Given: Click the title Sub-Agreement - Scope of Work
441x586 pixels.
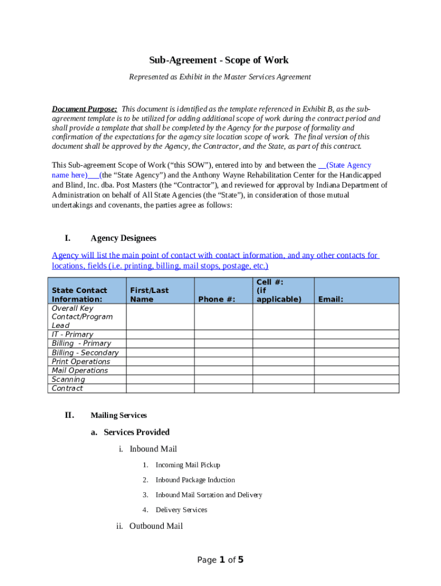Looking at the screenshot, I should pyautogui.click(x=219, y=60).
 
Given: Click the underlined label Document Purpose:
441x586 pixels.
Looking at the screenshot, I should pyautogui.click(x=85, y=109).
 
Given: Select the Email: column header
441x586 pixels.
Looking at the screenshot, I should pyautogui.click(x=330, y=299).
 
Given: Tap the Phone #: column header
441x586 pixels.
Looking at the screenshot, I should pyautogui.click(x=216, y=299).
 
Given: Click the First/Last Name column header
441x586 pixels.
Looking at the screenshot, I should pyautogui.click(x=149, y=295).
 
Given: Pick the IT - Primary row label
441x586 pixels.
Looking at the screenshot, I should pyautogui.click(x=72, y=334).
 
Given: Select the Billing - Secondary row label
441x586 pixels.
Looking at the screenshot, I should pyautogui.click(x=85, y=353).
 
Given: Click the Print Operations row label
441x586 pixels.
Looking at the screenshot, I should pyautogui.click(x=81, y=362).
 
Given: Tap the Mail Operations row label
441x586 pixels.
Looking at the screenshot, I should pyautogui.click(x=80, y=370).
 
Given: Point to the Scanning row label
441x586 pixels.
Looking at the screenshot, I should pyautogui.click(x=68, y=379).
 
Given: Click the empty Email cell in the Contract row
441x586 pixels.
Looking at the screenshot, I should pyautogui.click(x=357, y=389).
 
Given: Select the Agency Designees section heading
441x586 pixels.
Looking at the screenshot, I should pyautogui.click(x=123, y=238).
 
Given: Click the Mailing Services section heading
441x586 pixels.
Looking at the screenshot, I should pyautogui.click(x=119, y=415).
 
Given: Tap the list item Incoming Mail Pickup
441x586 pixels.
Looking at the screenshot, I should pyautogui.click(x=188, y=465).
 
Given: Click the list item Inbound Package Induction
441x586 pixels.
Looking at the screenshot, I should pyautogui.click(x=195, y=480).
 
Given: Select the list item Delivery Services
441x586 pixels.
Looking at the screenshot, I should pyautogui.click(x=182, y=510).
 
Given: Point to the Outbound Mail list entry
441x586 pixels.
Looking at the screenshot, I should pyautogui.click(x=156, y=526).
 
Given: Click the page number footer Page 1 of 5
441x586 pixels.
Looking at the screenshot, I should pyautogui.click(x=220, y=560).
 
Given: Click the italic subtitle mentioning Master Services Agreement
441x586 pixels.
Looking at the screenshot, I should pyautogui.click(x=219, y=77).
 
